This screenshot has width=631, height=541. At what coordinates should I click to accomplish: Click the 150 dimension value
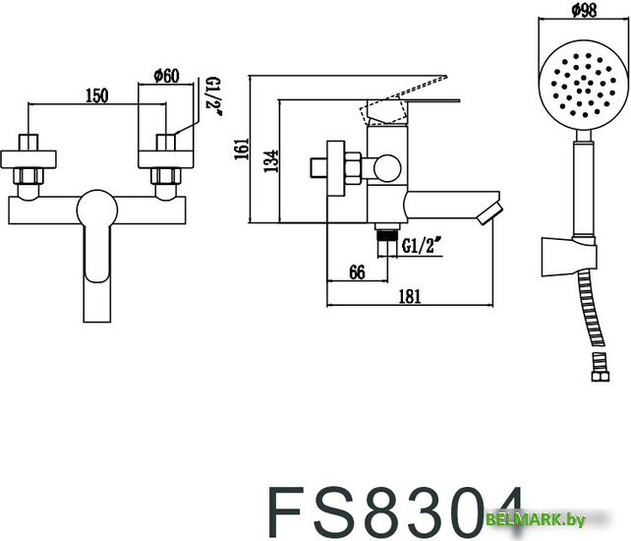(x=96, y=94)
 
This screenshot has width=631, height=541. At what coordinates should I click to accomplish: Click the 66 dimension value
(x=357, y=272)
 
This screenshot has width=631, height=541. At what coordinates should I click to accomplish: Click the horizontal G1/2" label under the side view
(x=419, y=248)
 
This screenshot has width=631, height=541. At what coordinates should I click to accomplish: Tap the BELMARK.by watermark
(x=575, y=518)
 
